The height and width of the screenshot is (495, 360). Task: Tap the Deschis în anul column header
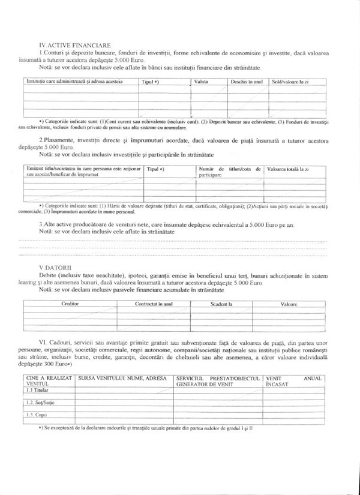pos(247,81)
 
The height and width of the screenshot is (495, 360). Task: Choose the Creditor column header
pos(70,304)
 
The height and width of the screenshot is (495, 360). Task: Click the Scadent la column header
pos(221,304)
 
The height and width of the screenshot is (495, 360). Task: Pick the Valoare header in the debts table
pos(289,304)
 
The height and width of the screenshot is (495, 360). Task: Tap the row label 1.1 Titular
pos(41,390)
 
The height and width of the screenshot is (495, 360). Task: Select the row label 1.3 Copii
pos(38,415)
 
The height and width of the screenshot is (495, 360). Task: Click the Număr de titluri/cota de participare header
pos(230,172)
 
